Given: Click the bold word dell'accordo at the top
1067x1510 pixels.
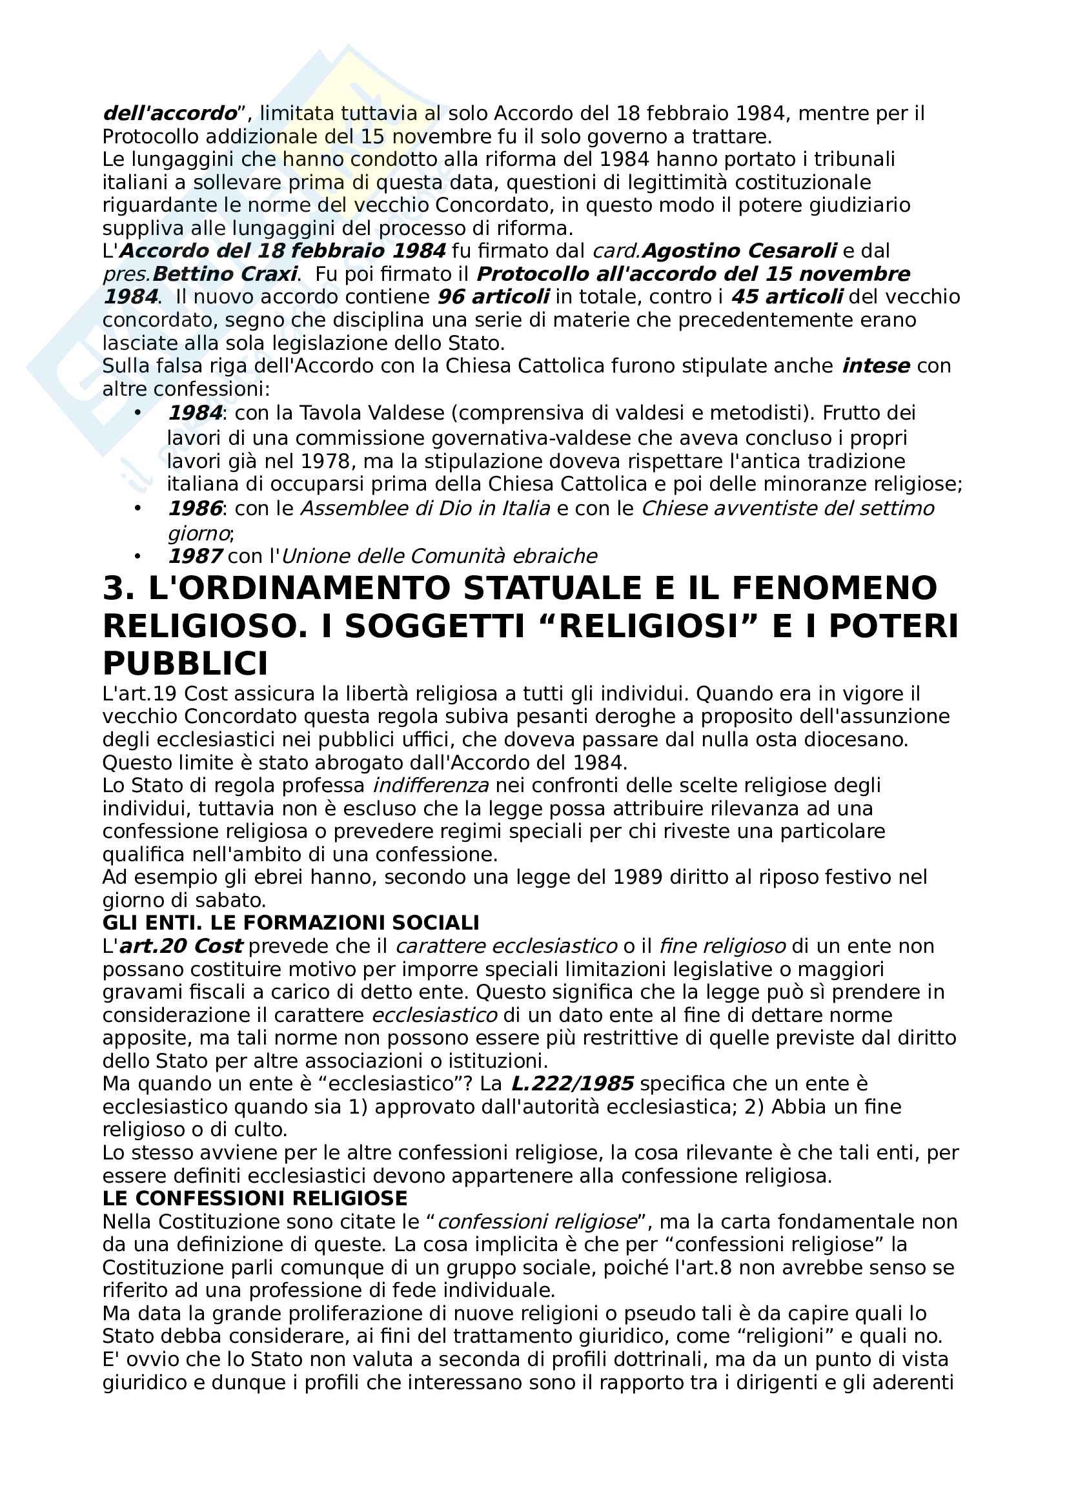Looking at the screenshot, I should (170, 114).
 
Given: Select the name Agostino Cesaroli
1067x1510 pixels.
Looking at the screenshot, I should (739, 250).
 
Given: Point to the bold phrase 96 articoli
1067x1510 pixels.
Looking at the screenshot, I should (493, 296).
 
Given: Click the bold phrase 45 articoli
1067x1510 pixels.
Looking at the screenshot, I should (787, 296).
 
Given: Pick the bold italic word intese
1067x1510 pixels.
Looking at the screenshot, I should (876, 365).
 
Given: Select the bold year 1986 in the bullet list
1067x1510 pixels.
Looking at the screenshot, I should (195, 508).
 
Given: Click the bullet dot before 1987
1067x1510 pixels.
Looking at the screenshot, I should (137, 556).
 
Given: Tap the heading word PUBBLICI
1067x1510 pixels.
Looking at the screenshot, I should (185, 664).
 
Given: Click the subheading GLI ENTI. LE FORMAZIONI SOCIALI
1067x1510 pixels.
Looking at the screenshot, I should (290, 923).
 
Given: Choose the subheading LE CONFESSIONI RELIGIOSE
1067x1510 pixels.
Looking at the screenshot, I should (255, 1198).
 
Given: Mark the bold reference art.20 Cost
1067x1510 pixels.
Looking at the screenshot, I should (181, 946).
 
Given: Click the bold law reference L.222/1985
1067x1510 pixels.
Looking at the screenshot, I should (572, 1084).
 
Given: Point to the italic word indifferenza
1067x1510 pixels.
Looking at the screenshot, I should (431, 785).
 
